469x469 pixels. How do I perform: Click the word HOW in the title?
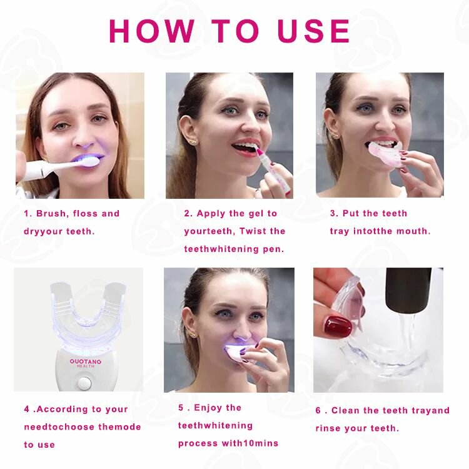click(x=152, y=31)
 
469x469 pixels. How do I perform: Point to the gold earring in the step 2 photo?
click(x=193, y=141)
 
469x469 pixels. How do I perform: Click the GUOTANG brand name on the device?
click(x=86, y=361)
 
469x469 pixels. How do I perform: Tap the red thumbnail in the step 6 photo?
click(x=338, y=326)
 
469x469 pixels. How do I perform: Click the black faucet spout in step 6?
click(x=408, y=290)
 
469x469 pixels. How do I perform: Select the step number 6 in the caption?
click(x=318, y=410)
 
